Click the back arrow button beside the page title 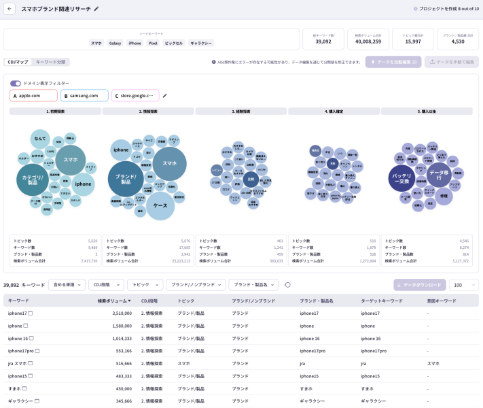(x=10, y=9)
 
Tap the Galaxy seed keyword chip (x=115, y=43)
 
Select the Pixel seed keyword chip (x=152, y=43)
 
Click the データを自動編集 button (x=393, y=62)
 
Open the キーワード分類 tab (x=51, y=62)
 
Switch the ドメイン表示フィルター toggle (x=15, y=83)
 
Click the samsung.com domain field (x=84, y=95)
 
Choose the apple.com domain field (x=33, y=95)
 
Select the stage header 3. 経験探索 (x=241, y=111)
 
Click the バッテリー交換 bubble (x=402, y=179)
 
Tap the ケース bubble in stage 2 (x=160, y=205)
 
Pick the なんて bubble (x=39, y=139)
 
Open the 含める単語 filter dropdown (x=67, y=285)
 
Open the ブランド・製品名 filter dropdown (x=253, y=285)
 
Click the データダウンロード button (x=419, y=285)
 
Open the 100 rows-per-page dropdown (x=463, y=285)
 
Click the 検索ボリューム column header (x=113, y=301)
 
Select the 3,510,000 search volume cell (x=118, y=313)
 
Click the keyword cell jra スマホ (x=18, y=363)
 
